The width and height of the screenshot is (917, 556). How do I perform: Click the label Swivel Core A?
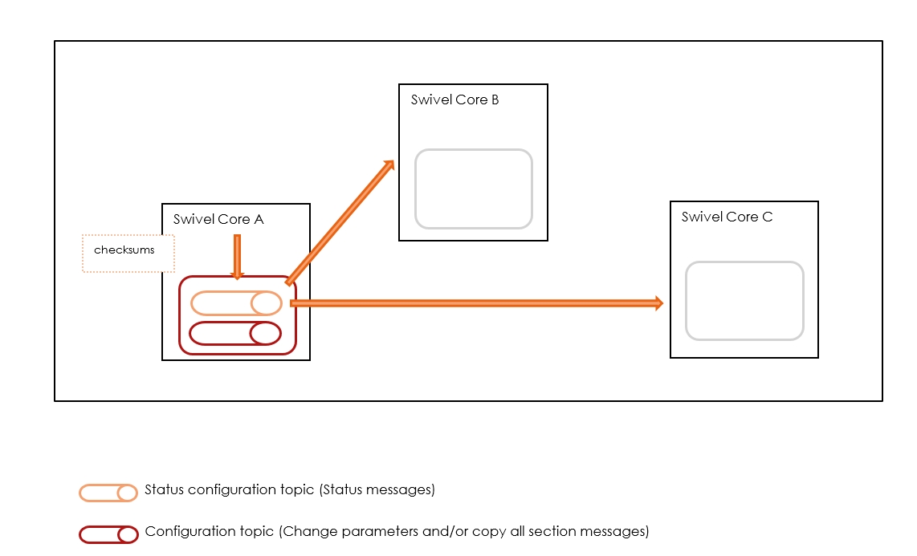[x=218, y=219]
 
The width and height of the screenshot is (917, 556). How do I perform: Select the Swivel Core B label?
[x=454, y=100]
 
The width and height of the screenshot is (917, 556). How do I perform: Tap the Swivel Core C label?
[x=727, y=217]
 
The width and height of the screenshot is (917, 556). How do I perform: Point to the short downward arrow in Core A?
[x=237, y=257]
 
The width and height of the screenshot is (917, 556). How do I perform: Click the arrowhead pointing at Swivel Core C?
[x=658, y=302]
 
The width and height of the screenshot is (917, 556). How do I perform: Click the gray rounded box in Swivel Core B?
[x=473, y=189]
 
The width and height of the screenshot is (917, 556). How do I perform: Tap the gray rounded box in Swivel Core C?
[x=744, y=301]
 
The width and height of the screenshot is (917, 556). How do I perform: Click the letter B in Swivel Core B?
[x=494, y=100]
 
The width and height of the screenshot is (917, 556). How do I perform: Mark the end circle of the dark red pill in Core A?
[x=265, y=333]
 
